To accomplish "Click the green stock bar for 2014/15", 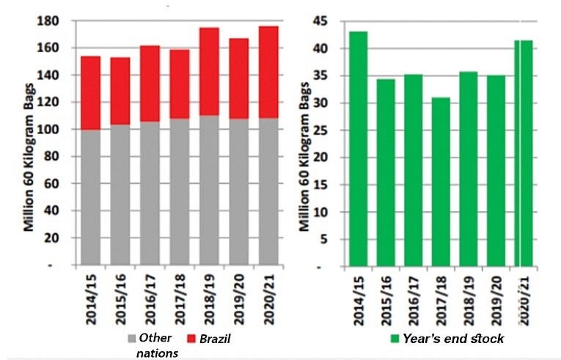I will pyautogui.click(x=358, y=147).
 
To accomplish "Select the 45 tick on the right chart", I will pyautogui.click(x=331, y=21).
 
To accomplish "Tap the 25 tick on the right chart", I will pyautogui.click(x=331, y=130).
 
